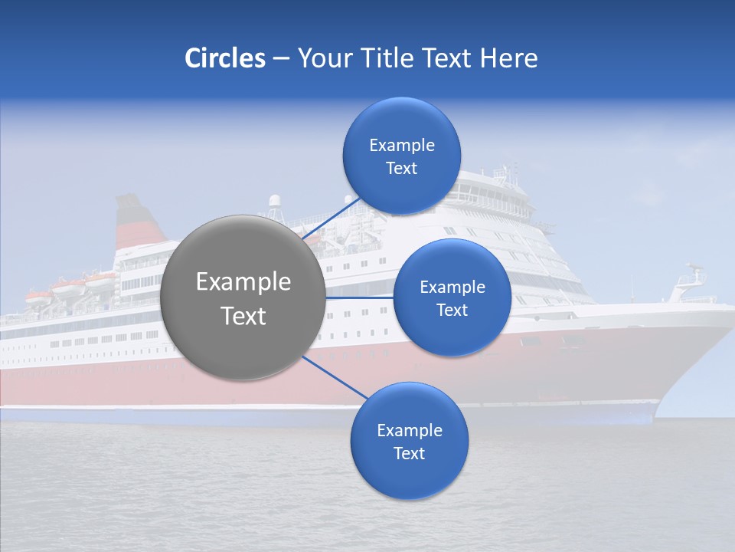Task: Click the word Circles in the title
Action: coord(224,58)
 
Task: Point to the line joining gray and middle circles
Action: coord(360,297)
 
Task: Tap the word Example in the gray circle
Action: coord(243,282)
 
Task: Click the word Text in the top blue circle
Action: coord(401,169)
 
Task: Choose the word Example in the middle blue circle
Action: coord(452,287)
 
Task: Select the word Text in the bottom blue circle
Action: coord(409,454)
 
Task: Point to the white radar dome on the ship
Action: coord(274,202)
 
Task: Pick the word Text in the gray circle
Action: coord(243,316)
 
